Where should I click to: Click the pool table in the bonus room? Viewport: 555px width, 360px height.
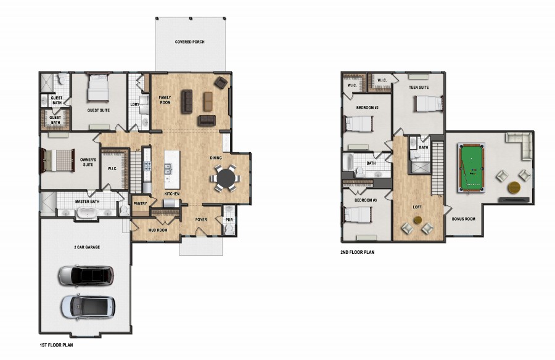coord(471,168)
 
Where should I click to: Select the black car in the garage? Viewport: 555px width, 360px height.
coord(86,276)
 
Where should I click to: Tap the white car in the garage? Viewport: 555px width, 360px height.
coord(88,306)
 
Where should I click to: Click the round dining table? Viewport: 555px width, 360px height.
coord(225,178)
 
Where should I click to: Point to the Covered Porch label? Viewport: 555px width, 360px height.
coord(190,42)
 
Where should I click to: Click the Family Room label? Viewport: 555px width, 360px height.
coord(165,100)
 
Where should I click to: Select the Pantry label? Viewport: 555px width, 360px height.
coord(140,204)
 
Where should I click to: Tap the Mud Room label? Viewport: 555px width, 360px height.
coord(157,230)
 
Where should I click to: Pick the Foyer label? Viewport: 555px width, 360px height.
coord(201,219)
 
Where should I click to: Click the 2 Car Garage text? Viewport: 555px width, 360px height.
coord(87,247)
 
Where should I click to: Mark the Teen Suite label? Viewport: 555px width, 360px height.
coord(419,87)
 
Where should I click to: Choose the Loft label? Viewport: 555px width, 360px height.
coord(417,207)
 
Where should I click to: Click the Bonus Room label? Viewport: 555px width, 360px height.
coord(463,219)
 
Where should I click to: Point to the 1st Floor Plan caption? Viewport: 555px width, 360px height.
coord(56,345)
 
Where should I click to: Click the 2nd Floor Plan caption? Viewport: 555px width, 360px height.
coord(357,252)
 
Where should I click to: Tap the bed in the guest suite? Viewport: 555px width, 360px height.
coord(98,88)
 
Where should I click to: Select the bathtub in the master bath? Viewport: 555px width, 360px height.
coord(87,213)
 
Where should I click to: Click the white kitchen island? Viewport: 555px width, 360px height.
coord(172,169)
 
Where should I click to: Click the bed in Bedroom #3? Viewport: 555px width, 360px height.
coord(358,215)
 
